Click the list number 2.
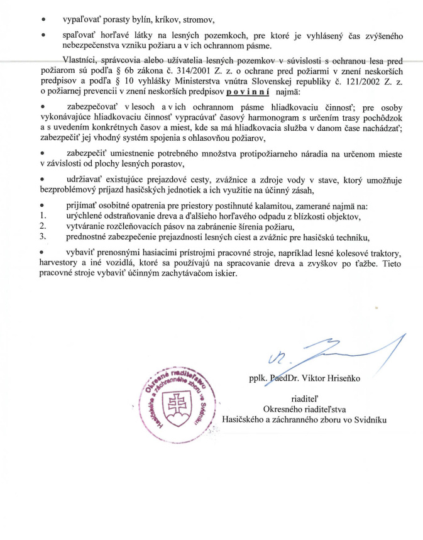click(x=42, y=226)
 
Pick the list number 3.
click(x=42, y=236)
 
